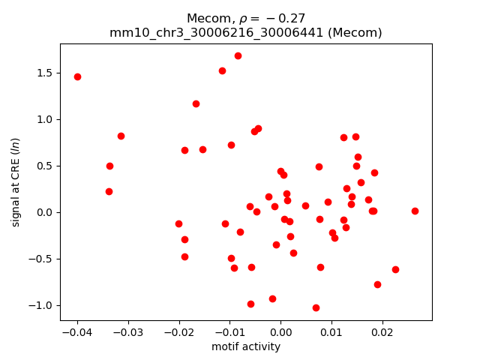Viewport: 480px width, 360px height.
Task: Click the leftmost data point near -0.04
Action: (x=77, y=76)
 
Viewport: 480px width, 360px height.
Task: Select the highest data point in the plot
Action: (x=238, y=55)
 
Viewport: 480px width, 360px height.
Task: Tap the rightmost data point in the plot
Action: (x=415, y=211)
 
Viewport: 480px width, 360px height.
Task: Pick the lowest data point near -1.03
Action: (x=316, y=307)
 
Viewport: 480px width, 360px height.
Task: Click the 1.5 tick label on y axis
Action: (x=45, y=73)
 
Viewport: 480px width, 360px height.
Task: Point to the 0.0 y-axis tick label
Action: (x=45, y=212)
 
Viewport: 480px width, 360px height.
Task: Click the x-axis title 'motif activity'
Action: (x=246, y=346)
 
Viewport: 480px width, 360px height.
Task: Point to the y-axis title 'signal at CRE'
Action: (x=16, y=181)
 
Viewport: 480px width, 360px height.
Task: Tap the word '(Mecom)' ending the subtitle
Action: (x=358, y=32)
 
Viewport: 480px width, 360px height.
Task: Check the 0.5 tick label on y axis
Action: (x=45, y=166)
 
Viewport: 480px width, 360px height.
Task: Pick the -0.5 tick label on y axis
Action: (x=41, y=259)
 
